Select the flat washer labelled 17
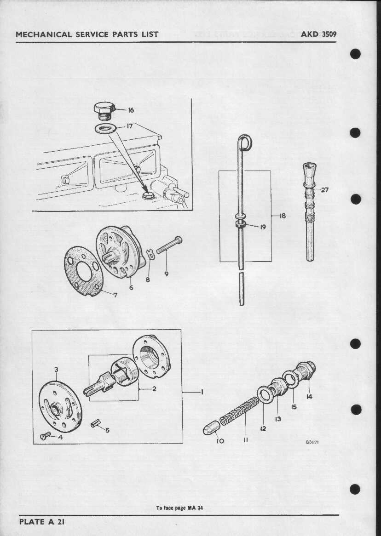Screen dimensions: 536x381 coord(106,128)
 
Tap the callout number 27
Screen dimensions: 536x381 coord(325,189)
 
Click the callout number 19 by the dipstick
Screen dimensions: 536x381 coord(263,226)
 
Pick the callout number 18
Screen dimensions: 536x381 coord(283,215)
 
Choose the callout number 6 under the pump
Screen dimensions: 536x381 coord(131,287)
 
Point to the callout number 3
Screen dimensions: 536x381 coord(56,370)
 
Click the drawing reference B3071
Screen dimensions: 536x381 coord(312,442)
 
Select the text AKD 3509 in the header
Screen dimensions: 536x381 coord(318,34)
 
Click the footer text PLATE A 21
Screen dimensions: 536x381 coord(43,522)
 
